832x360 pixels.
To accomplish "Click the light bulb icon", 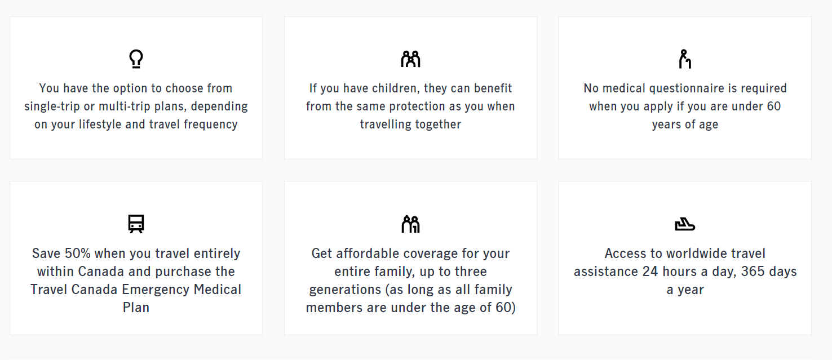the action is click(136, 59).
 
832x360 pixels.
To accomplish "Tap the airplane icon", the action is click(685, 224).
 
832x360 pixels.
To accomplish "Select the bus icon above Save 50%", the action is click(136, 224).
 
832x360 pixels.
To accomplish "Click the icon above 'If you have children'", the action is click(410, 59).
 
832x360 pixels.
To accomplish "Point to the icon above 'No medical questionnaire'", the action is click(685, 59).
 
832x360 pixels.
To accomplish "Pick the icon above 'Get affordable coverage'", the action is click(410, 224).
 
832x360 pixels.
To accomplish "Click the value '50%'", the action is click(78, 254).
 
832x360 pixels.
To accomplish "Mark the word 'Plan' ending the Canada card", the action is click(136, 308).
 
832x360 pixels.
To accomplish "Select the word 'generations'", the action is click(345, 290).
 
